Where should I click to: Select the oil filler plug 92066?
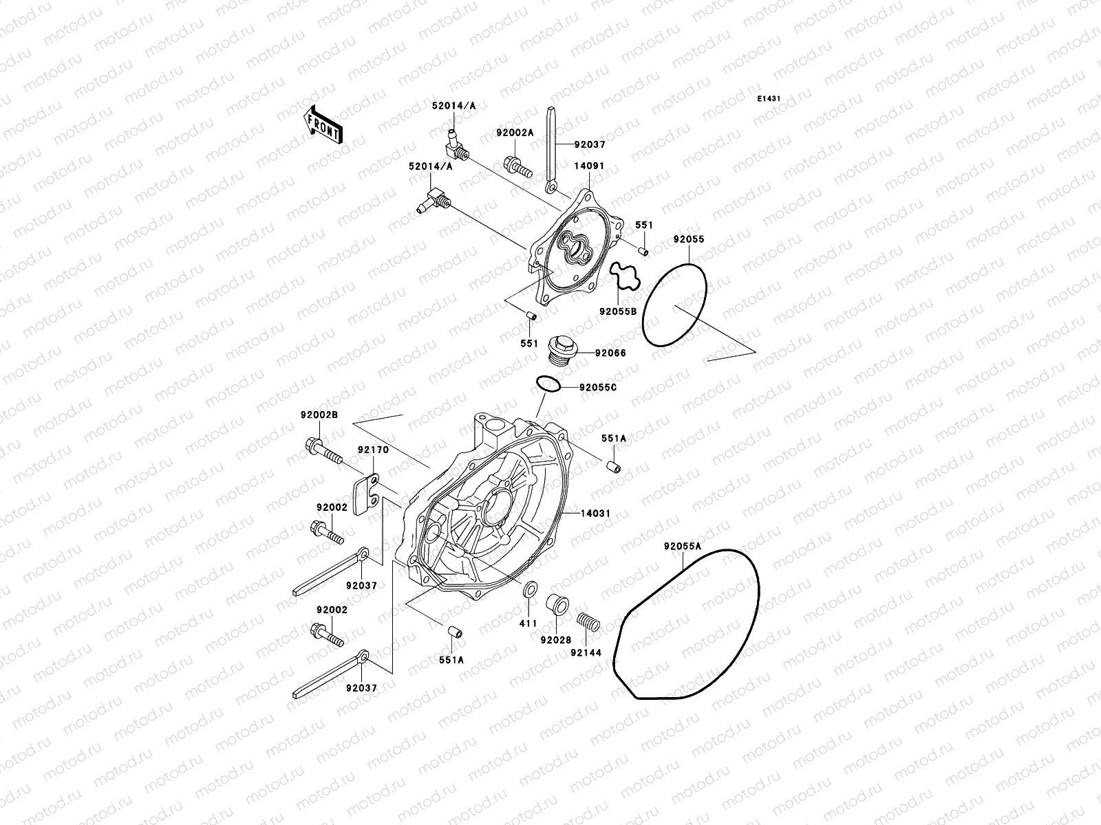point(559,349)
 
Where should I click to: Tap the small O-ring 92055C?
point(548,385)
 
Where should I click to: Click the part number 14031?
point(595,514)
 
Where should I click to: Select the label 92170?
point(373,450)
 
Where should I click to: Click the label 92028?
point(555,640)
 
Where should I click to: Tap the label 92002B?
point(319,415)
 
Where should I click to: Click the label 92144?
point(586,652)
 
